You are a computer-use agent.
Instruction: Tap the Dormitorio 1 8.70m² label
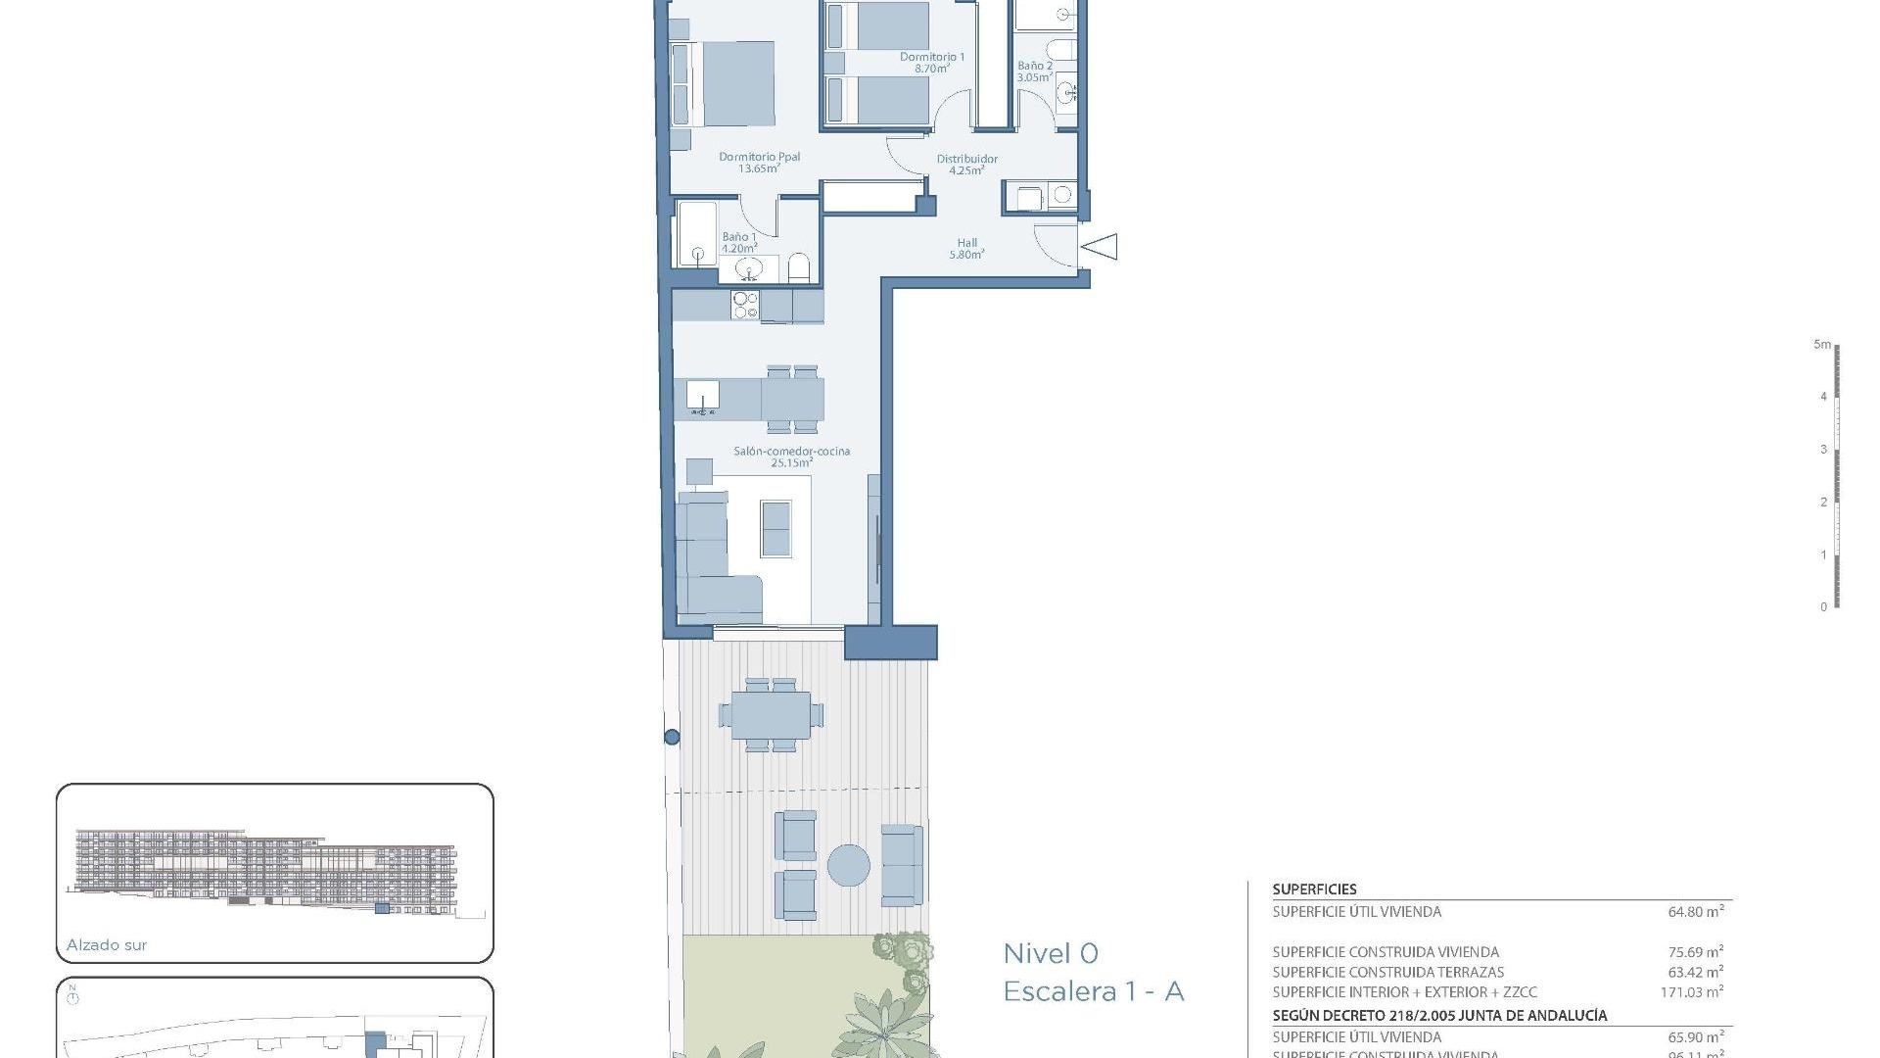click(931, 63)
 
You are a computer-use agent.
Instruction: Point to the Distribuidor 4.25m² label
click(966, 164)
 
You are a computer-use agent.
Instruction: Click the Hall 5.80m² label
click(966, 249)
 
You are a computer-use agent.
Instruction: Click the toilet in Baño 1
click(799, 268)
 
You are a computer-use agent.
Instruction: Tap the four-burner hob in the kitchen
click(745, 305)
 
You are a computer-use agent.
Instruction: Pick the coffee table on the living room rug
click(775, 528)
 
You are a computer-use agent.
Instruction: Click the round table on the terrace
click(848, 866)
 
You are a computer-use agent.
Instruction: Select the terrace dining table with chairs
click(770, 715)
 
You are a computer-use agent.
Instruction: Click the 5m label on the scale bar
click(1821, 345)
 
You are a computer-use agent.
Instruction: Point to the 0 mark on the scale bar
click(1823, 607)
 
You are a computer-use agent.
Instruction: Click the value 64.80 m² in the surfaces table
click(1695, 912)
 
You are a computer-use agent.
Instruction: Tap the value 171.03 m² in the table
click(1691, 992)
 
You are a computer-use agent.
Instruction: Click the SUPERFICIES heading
click(1314, 890)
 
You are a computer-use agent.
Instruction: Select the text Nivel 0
click(1051, 953)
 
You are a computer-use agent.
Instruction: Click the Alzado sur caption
click(107, 945)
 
